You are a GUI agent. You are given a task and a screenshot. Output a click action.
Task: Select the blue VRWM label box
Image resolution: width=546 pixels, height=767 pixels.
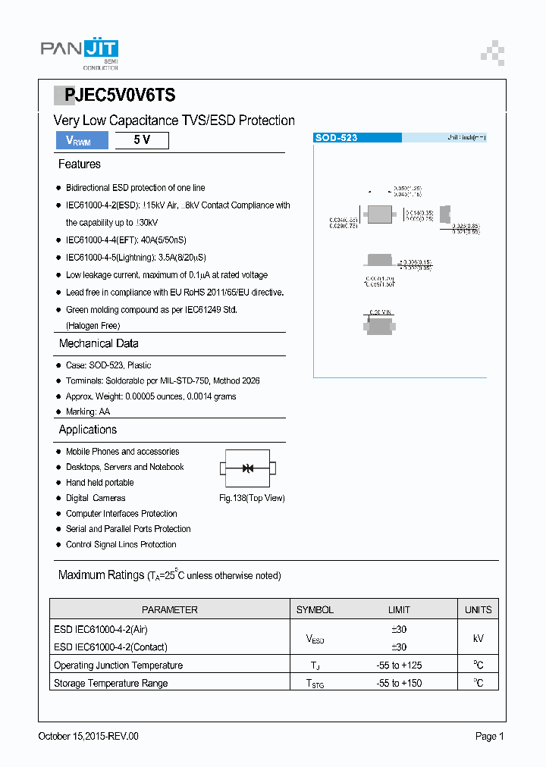pos(81,140)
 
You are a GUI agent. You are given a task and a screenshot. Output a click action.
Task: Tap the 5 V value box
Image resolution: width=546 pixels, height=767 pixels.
pos(141,140)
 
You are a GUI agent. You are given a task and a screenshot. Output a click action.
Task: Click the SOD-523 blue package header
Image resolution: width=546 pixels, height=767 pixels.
pos(357,138)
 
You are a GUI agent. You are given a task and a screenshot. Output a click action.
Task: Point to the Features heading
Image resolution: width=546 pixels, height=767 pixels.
pos(79,164)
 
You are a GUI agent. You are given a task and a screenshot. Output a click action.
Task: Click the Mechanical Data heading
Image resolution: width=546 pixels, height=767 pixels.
pos(99,343)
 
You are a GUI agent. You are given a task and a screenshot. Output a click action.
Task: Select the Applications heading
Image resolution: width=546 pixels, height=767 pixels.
pos(88,430)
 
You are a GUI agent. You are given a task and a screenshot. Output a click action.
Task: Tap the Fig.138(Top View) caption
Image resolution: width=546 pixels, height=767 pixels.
pos(252,498)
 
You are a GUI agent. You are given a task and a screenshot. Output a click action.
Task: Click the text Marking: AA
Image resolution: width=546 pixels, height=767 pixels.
pos(87,412)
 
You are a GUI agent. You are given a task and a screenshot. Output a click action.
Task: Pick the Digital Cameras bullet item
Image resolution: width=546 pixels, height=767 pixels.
pos(96,498)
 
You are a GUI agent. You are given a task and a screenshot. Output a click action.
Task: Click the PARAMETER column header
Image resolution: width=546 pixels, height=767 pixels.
pos(170,609)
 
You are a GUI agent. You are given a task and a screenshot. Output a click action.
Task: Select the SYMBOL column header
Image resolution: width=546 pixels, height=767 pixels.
pos(315,609)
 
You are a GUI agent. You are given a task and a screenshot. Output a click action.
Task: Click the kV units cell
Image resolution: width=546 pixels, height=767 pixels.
pos(479,638)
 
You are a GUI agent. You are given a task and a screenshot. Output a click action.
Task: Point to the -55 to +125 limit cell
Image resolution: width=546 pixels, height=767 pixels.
pos(399,665)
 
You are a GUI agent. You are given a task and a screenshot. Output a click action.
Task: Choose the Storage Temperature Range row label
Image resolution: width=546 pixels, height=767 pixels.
pos(111,683)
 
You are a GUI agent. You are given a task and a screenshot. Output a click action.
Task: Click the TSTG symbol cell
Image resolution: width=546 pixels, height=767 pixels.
pos(315,684)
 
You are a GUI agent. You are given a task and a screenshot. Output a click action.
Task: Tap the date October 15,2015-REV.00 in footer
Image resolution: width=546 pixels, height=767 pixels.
pos(89,736)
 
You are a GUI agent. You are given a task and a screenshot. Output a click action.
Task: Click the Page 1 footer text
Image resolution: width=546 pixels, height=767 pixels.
pos(490,736)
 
